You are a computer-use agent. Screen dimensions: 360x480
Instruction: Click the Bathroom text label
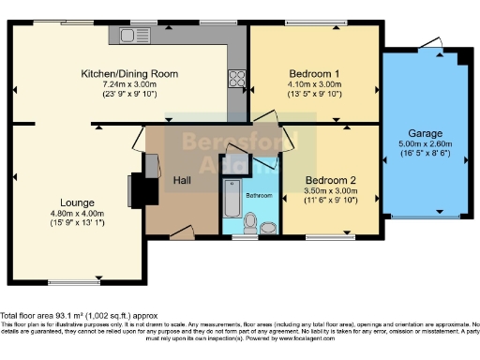pyautogui.click(x=259, y=195)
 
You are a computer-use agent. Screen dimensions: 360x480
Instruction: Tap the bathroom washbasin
pyautogui.click(x=268, y=226)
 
